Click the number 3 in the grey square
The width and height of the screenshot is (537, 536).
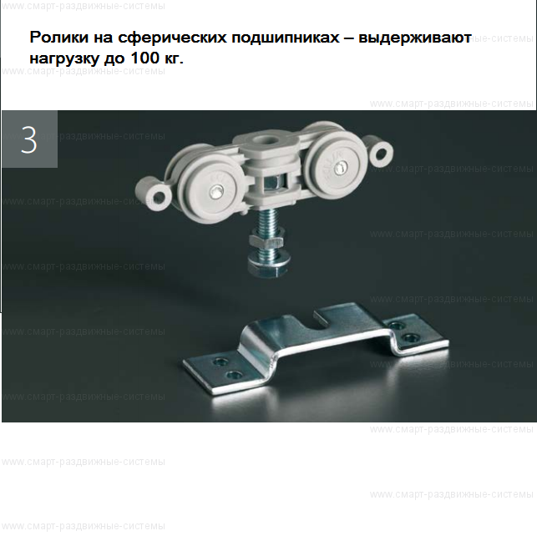point(29,139)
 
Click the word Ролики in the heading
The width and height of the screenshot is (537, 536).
point(56,38)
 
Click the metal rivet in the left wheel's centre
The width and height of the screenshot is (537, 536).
point(215,192)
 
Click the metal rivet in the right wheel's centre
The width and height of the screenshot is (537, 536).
point(341,169)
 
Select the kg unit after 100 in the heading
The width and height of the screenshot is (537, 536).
point(170,59)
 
